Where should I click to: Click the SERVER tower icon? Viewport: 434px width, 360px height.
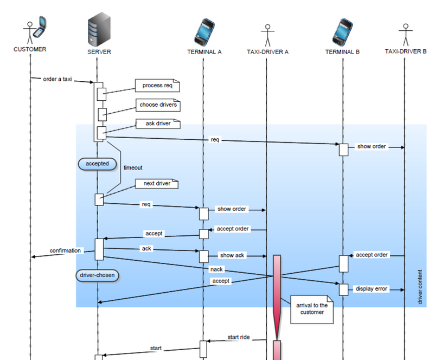pos(99,30)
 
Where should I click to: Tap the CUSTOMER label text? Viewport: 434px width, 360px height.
pos(30,49)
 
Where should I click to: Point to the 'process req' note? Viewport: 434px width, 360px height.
pos(157,86)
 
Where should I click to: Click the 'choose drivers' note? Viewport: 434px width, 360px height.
pos(158,105)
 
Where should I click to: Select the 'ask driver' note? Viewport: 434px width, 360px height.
pos(158,124)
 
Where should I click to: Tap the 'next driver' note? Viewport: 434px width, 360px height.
pos(157,184)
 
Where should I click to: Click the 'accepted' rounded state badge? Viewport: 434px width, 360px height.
pos(98,164)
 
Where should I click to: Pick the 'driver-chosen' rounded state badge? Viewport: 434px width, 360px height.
pos(98,275)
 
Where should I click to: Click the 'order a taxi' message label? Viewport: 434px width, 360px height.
pos(58,79)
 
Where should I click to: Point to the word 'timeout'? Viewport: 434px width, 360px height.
pos(133,168)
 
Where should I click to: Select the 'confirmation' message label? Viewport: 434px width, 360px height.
pos(66,250)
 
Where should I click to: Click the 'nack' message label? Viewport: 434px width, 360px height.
pos(216,269)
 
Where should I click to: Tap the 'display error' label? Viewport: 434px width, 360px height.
pos(371,289)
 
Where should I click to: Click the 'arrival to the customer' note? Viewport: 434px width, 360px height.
pos(312,309)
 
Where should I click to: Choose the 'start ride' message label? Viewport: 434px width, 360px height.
pos(239,337)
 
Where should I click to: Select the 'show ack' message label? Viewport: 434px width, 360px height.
pos(232,255)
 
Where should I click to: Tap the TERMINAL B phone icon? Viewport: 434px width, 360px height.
pos(343,31)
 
